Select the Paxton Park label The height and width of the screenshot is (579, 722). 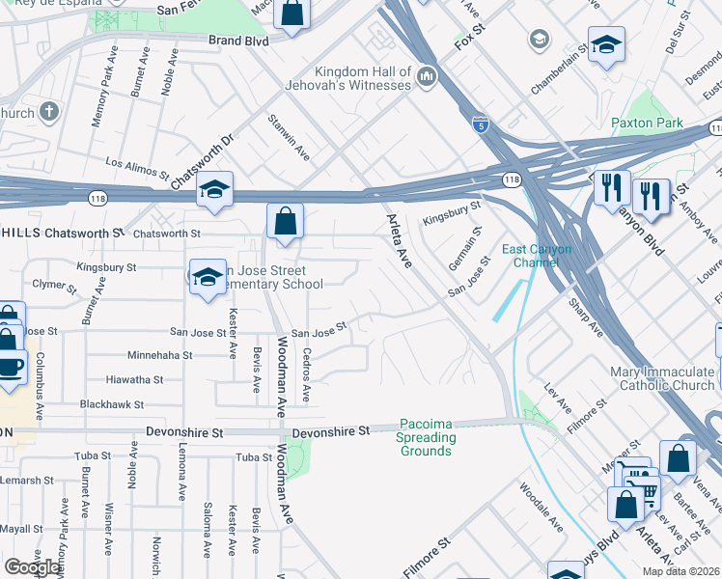point(647,123)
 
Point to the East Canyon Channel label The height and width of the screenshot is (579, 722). point(537,256)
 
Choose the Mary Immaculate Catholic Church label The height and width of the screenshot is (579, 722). point(662,378)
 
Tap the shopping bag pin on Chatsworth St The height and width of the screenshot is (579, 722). point(286,221)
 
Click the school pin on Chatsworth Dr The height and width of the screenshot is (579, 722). point(215,191)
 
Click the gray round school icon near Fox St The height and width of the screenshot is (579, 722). point(539,41)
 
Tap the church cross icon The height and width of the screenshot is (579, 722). point(49,112)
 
